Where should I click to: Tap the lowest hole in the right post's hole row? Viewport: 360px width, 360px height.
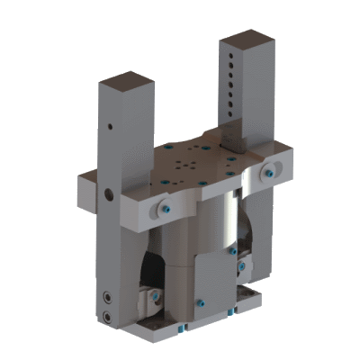[x=236, y=114]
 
